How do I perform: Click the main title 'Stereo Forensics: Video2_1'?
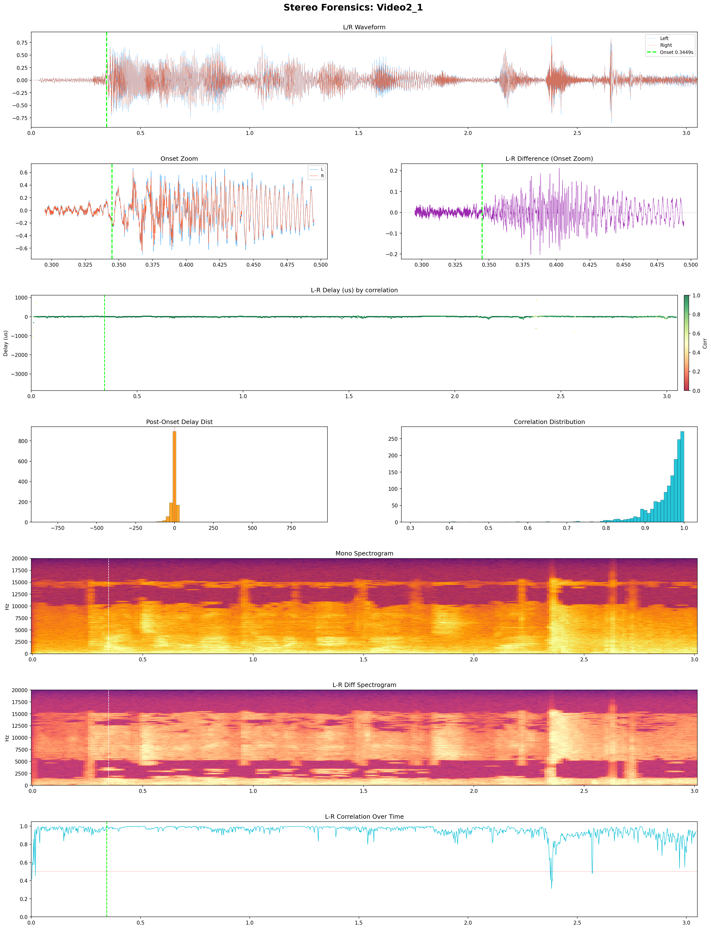pyautogui.click(x=353, y=8)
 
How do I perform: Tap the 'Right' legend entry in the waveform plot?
pyautogui.click(x=666, y=45)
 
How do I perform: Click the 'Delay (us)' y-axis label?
pyautogui.click(x=6, y=343)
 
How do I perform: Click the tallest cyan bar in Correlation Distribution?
pyautogui.click(x=682, y=477)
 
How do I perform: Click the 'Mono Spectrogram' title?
pyautogui.click(x=364, y=553)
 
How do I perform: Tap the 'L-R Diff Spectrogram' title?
pyautogui.click(x=364, y=685)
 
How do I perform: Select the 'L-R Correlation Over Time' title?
pyautogui.click(x=364, y=817)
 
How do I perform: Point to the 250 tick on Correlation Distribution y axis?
pyautogui.click(x=393, y=439)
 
